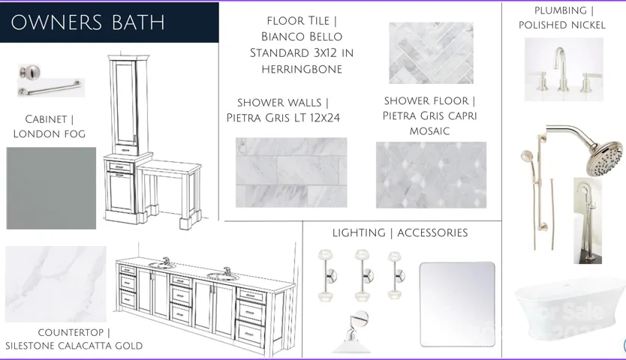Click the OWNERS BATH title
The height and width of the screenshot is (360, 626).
tap(88, 22)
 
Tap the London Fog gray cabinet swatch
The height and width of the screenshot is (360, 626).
tap(51, 188)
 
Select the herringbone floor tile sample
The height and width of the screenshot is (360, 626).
tap(431, 52)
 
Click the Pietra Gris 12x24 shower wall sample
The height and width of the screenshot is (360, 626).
tap(291, 172)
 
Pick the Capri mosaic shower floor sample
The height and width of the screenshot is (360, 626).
tap(431, 175)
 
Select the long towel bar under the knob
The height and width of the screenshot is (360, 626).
tap(51, 91)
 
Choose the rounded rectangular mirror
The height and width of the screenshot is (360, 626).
tap(457, 304)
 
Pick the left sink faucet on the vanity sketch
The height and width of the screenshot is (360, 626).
tap(165, 262)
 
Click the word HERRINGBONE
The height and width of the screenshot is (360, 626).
tap(302, 69)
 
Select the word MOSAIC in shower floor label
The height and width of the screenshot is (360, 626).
tap(429, 130)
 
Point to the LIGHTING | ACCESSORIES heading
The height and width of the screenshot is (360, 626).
tap(400, 233)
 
